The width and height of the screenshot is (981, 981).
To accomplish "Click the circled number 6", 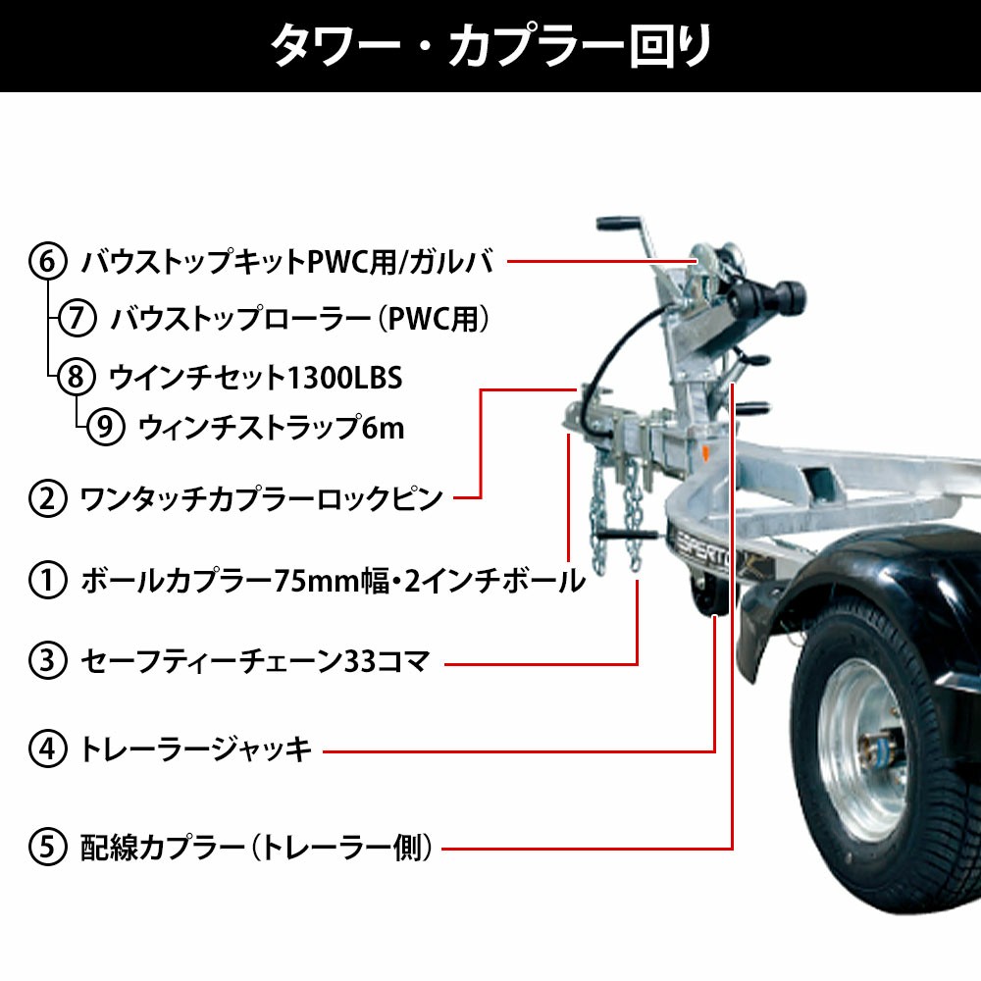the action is tap(47, 261).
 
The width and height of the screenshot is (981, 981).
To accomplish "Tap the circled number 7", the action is tap(77, 318).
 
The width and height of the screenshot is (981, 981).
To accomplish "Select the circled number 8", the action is tap(77, 377).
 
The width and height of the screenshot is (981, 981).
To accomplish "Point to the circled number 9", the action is tap(105, 427).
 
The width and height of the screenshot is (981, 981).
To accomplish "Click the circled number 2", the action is tap(47, 498).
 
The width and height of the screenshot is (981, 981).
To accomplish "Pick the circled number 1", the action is tap(47, 580).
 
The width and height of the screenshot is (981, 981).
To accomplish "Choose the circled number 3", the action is tap(47, 661).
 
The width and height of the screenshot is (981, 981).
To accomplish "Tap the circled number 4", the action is tap(47, 749).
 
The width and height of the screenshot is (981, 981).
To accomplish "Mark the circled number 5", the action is tap(47, 848).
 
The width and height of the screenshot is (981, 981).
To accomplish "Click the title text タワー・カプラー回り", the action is tap(491, 46).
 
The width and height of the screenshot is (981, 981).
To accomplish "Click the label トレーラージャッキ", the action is tap(196, 749).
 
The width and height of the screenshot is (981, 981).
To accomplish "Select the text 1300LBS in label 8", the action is tap(343, 378).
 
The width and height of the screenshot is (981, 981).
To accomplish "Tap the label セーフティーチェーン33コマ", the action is tap(256, 661).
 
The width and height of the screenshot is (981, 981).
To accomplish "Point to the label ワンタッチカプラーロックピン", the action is tap(262, 498).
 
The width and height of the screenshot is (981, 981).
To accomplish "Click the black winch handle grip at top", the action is tap(618, 224).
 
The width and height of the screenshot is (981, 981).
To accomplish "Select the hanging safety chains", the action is tap(616, 516).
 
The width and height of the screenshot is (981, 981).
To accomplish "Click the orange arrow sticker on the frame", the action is tap(705, 453).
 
